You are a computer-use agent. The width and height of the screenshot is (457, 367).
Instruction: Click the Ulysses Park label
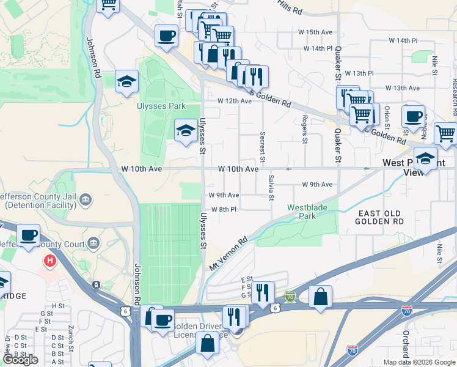159,105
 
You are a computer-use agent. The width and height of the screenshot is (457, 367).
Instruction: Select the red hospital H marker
49,262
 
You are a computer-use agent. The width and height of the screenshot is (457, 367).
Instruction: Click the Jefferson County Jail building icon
85,200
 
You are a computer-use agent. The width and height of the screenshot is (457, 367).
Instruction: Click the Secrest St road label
262,147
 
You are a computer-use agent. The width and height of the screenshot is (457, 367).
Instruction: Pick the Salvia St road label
271,187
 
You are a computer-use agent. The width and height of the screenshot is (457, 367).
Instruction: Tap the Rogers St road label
304,129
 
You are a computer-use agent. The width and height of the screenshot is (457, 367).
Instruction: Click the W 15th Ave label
318,32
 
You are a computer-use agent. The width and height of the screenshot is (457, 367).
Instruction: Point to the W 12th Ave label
235,101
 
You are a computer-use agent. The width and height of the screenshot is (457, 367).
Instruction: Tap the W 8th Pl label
224,210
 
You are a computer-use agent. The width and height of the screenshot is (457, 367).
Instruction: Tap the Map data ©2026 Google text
419,362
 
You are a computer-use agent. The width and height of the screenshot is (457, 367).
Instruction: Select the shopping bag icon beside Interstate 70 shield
320,297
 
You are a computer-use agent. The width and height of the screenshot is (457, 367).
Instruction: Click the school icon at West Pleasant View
425,158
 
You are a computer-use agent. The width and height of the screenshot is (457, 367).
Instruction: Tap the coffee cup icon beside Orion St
413,116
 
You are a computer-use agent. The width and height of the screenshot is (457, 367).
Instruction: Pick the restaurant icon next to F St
263,292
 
